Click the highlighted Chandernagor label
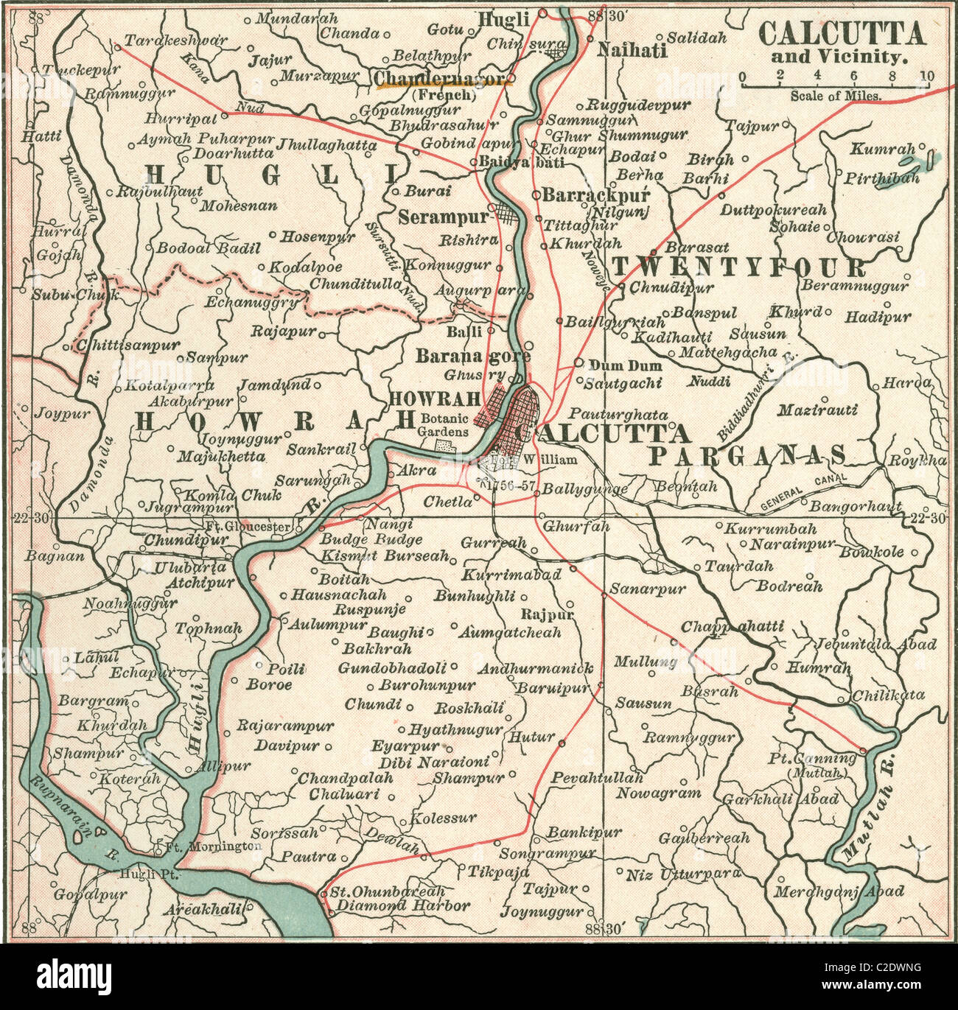pos(442,79)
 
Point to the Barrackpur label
pos(595,195)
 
